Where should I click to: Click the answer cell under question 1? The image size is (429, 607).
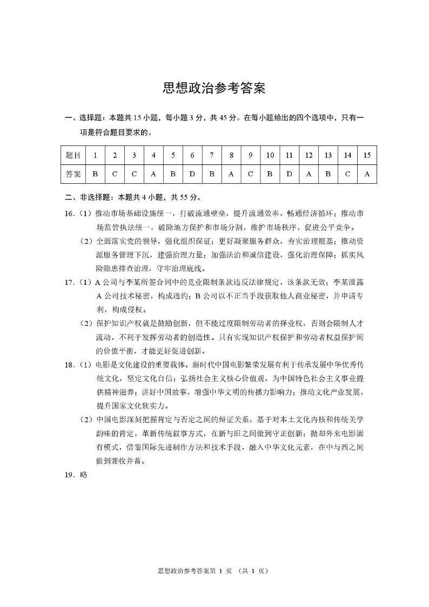coord(95,174)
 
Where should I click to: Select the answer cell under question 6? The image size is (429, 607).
coord(192,174)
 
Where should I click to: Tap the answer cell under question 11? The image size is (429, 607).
coord(289,174)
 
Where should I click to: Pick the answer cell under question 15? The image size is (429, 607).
coord(367,174)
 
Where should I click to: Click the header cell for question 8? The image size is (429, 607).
coord(231,156)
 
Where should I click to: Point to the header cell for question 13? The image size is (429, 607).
coord(328,156)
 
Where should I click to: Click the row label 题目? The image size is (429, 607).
coord(73,156)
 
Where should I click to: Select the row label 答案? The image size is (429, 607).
coord(73,174)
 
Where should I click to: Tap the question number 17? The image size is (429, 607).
coord(69,282)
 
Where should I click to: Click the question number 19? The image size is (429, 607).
coord(69,476)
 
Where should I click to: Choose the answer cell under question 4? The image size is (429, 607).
coord(153,174)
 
